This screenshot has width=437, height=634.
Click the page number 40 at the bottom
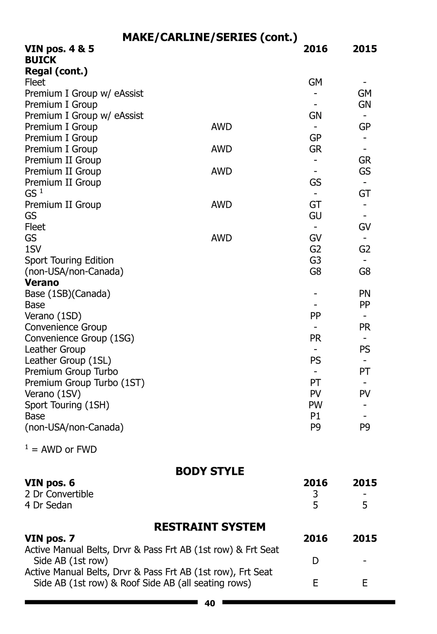tap(210, 603)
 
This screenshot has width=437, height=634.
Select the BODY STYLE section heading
tap(210, 471)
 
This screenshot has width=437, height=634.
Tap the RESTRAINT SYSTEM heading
tap(210, 527)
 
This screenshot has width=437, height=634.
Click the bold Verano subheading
tap(42, 283)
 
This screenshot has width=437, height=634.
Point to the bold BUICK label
tap(40, 60)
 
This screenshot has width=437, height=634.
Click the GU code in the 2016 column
tap(315, 216)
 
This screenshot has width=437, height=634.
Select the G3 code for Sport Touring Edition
tap(315, 261)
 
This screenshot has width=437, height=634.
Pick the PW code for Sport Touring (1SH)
tap(315, 405)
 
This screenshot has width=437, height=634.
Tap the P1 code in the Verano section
tap(315, 416)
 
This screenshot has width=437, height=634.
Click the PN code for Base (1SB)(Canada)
tap(365, 294)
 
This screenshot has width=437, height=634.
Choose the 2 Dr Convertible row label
tap(59, 494)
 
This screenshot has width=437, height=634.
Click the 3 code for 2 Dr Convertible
tap(315, 494)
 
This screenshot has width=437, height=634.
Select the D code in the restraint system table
tap(315, 561)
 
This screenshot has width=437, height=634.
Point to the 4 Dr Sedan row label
tap(48, 505)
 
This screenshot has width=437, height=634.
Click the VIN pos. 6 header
tap(50, 483)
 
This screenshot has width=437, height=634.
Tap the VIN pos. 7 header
tap(50, 539)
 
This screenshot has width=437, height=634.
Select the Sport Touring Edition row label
tap(69, 261)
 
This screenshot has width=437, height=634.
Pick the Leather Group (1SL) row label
tap(68, 361)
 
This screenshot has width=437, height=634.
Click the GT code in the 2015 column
tap(365, 194)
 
